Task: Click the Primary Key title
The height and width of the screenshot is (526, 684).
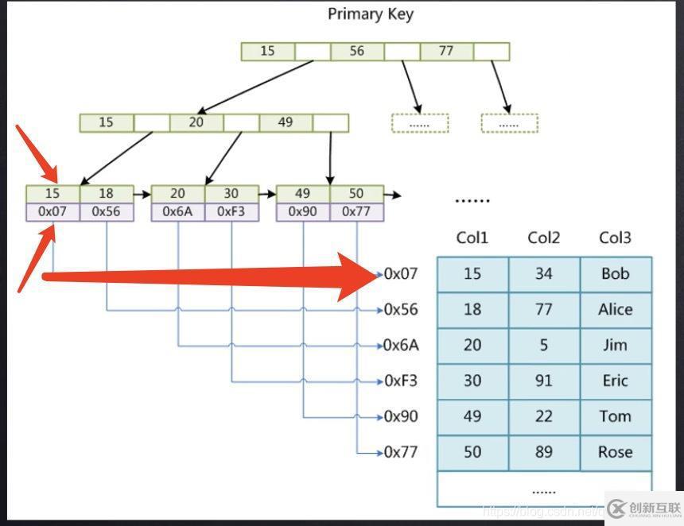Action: tap(371, 14)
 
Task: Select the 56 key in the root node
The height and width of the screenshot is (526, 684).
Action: tap(357, 51)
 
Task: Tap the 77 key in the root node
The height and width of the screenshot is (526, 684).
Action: tap(446, 51)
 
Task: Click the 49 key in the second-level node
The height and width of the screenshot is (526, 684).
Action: tap(286, 122)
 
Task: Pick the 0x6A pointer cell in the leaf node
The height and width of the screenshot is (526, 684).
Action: tap(178, 212)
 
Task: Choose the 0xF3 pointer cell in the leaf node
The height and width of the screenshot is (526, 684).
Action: tap(231, 212)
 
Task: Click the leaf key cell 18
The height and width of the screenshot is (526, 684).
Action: tap(107, 194)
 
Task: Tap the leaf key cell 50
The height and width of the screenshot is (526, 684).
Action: tap(356, 194)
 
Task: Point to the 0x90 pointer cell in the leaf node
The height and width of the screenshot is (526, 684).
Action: tap(303, 212)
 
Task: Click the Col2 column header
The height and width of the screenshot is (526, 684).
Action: tap(543, 238)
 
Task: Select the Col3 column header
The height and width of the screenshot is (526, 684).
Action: tap(615, 238)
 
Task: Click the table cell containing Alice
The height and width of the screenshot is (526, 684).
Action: tap(616, 309)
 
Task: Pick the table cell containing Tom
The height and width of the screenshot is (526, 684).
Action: tap(616, 416)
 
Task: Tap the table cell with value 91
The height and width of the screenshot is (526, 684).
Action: tap(544, 381)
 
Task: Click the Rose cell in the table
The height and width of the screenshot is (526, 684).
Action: tap(616, 452)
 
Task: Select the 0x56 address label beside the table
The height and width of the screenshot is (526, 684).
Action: tap(401, 309)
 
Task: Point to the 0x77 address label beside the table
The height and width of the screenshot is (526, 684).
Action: tap(401, 452)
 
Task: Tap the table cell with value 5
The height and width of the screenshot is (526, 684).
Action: tap(544, 345)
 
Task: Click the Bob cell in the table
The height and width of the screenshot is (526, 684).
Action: tap(616, 273)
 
